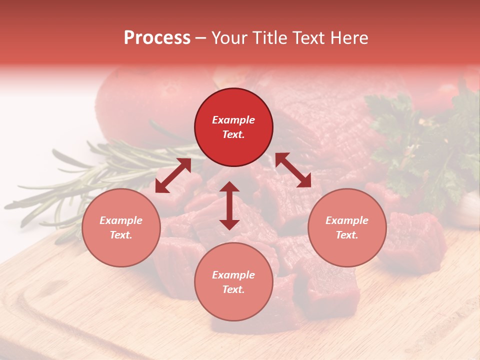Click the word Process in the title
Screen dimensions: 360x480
coord(157,38)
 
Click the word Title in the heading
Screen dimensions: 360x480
coord(269,38)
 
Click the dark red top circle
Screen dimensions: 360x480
coord(233,127)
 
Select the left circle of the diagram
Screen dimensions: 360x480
coord(121,227)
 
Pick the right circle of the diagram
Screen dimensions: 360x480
coord(347,227)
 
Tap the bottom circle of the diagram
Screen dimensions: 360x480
coord(233,281)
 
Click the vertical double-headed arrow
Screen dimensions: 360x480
coord(229,205)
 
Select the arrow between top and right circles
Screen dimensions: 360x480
coord(293,170)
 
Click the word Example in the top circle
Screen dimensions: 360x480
coord(233,120)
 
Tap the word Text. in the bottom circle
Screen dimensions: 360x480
coord(233,289)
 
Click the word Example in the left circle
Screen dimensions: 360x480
coord(121,220)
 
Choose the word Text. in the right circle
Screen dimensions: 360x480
coord(347,235)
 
